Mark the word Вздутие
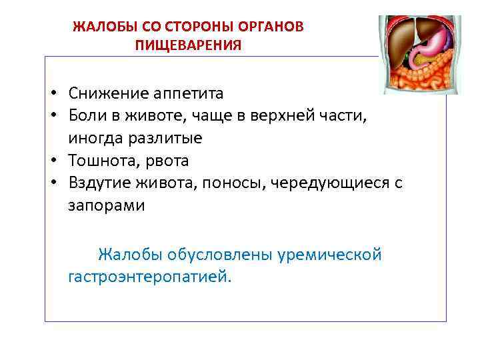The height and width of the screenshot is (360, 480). pyautogui.click(x=102, y=183)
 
